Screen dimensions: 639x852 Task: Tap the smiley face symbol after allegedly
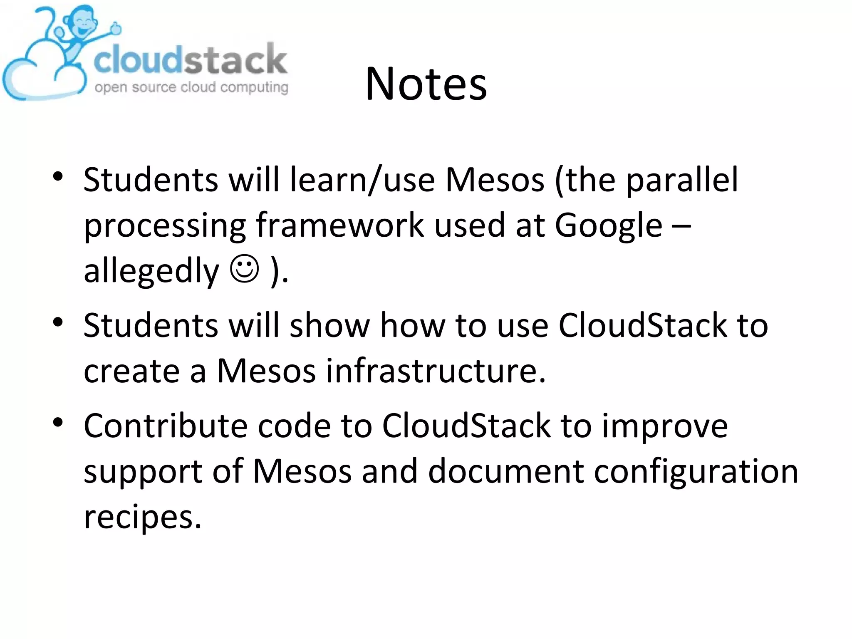[x=245, y=269]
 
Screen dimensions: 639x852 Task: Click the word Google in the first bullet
[x=608, y=225]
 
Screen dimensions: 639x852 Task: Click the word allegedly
[x=151, y=271]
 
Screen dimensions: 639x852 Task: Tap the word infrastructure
[x=435, y=370]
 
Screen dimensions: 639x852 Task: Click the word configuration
[x=696, y=472]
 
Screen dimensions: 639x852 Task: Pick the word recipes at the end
[x=142, y=517]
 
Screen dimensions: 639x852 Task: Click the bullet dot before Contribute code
[x=58, y=422]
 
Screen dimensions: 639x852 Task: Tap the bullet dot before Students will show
[x=58, y=322]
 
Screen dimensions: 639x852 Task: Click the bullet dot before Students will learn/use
[x=58, y=176]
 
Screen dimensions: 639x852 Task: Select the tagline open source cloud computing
[x=191, y=87]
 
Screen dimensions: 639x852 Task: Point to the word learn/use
[x=362, y=180]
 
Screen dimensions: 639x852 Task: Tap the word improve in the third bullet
[x=665, y=427]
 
